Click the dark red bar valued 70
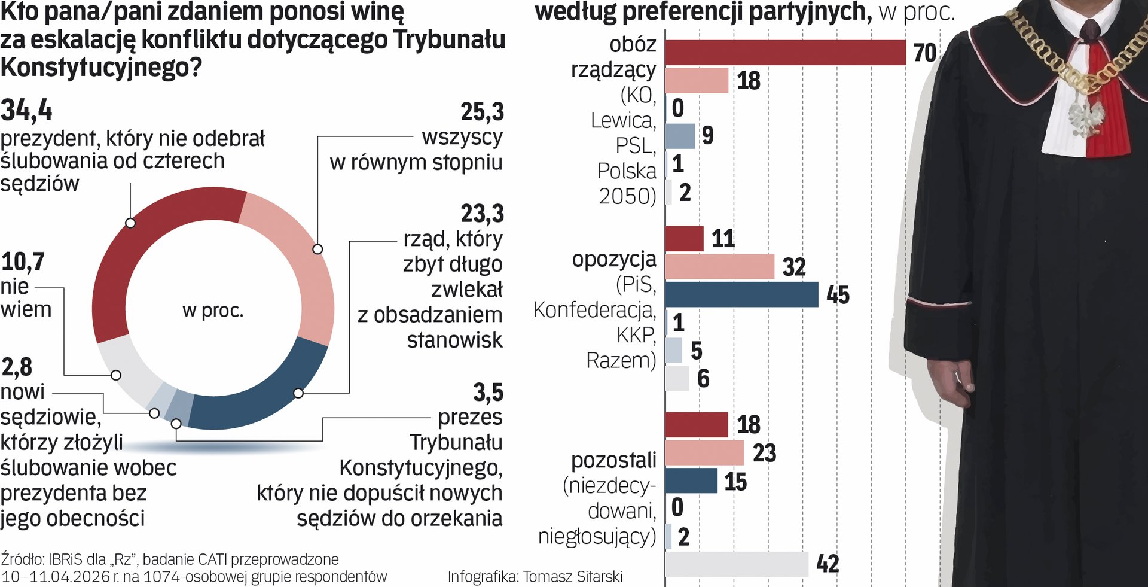point(785,52)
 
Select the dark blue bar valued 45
point(741,294)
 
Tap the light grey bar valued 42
point(737,564)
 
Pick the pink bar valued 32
point(719,266)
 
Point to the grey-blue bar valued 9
point(680,136)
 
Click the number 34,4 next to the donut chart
point(26,110)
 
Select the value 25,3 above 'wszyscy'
point(482,112)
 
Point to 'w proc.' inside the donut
point(213,311)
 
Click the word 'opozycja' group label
point(613,259)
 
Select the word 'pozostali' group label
point(613,460)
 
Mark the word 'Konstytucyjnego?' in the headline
point(102,68)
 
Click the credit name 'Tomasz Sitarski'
point(572,576)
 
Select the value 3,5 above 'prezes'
point(488,393)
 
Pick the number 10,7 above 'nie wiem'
point(23,261)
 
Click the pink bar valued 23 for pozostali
point(704,453)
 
